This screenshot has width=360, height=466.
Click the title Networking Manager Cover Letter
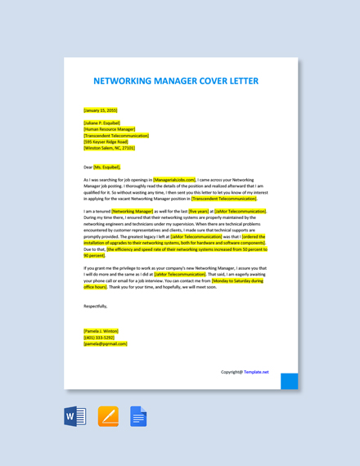pyautogui.click(x=176, y=81)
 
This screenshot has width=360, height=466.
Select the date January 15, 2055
pyautogui.click(x=101, y=110)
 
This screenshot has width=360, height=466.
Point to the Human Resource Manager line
pyautogui.click(x=110, y=129)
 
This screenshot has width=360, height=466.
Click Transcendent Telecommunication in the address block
pyautogui.click(x=116, y=136)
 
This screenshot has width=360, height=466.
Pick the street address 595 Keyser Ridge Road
pyautogui.click(x=106, y=141)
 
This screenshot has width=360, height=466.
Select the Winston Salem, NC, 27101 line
pyautogui.click(x=110, y=148)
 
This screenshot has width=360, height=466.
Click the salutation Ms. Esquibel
pyautogui.click(x=107, y=167)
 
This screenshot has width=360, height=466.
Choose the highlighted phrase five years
pyautogui.click(x=199, y=211)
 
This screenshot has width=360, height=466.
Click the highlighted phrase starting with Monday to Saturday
pyautogui.click(x=237, y=280)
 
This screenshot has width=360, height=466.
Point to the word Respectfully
pyautogui.click(x=96, y=306)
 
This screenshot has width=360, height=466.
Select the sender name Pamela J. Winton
pyautogui.click(x=101, y=331)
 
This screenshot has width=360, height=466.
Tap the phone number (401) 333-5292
pyautogui.click(x=99, y=337)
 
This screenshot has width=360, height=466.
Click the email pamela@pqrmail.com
pyautogui.click(x=106, y=343)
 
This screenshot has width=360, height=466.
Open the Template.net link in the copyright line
pyautogui.click(x=255, y=372)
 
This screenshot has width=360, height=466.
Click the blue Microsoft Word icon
pyautogui.click(x=75, y=416)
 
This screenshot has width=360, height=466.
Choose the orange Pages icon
pyautogui.click(x=108, y=416)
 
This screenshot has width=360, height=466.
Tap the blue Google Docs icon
pyautogui.click(x=139, y=416)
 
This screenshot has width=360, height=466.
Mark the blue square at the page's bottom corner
pyautogui.click(x=290, y=381)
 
